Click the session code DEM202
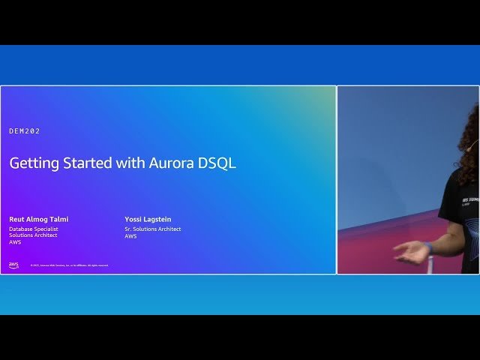25,131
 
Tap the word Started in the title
88,163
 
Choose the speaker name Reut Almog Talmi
38,219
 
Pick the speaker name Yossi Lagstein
148,219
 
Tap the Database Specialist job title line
34,229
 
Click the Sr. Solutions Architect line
153,229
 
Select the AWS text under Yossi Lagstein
130,236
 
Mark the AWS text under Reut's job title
15,242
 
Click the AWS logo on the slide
13,265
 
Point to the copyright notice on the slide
69,265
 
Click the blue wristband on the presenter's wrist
428,247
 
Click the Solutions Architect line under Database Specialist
33,235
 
